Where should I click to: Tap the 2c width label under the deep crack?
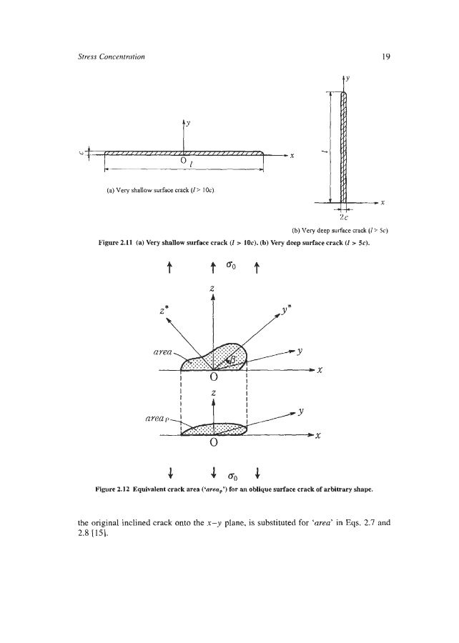pos(344,218)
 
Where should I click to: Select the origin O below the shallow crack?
pos(184,161)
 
